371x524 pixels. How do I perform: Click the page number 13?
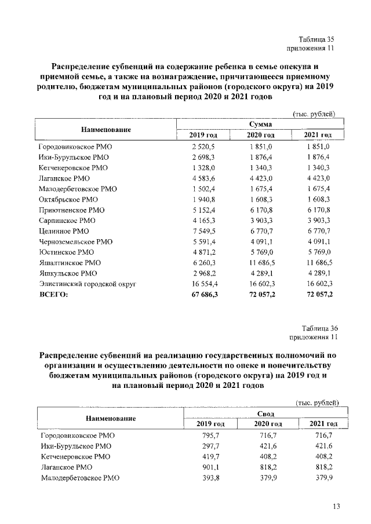coord(336,507)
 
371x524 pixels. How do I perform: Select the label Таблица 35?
coord(317,39)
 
